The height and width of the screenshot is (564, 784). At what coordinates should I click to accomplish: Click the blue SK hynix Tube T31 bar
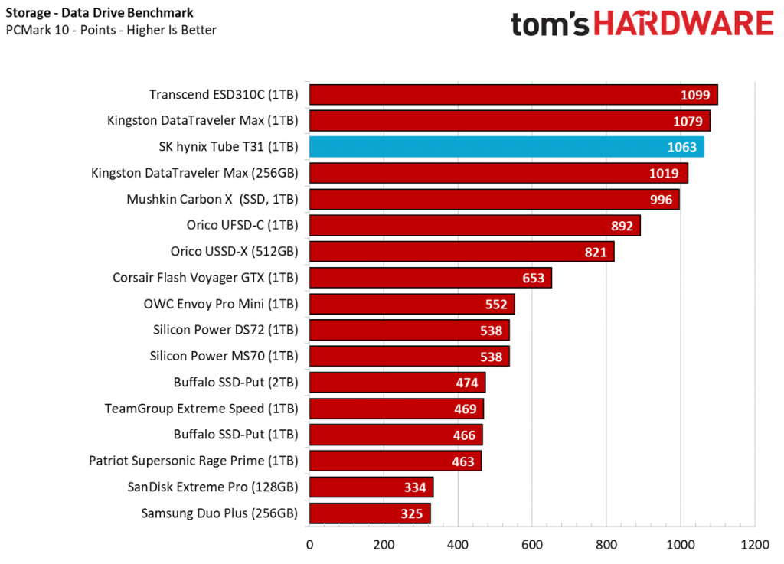coord(505,147)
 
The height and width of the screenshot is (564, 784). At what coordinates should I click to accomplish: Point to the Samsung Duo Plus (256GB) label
coord(219,513)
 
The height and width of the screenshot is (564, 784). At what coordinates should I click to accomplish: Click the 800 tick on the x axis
coord(606,545)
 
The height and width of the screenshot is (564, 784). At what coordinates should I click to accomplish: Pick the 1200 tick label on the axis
coord(754,545)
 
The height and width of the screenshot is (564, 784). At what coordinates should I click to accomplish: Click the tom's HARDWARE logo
coord(642,24)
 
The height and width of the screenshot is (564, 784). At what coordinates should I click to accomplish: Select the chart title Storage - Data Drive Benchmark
coord(100,13)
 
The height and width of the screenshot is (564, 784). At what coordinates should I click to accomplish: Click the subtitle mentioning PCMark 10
coord(111,31)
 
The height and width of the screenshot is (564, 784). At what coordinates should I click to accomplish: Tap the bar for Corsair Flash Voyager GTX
coord(429,278)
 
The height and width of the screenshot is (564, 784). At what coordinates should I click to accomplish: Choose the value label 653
coord(534,278)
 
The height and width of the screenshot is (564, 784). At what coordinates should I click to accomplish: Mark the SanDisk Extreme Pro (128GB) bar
coord(371,487)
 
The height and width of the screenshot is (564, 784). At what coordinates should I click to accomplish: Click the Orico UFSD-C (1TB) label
coord(242,225)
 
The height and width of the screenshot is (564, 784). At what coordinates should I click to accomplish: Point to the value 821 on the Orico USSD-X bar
coord(595,252)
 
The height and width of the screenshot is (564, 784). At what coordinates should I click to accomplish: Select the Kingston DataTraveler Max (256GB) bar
coord(498,173)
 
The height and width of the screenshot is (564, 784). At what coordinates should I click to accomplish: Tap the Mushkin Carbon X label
coord(212,199)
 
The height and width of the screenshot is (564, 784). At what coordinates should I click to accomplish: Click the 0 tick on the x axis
coord(309,545)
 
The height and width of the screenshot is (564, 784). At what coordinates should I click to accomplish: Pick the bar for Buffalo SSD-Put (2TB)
coord(397,382)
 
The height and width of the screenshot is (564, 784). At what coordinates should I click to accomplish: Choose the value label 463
coord(462,461)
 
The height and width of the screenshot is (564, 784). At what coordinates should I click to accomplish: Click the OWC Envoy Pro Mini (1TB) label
coord(220,304)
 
